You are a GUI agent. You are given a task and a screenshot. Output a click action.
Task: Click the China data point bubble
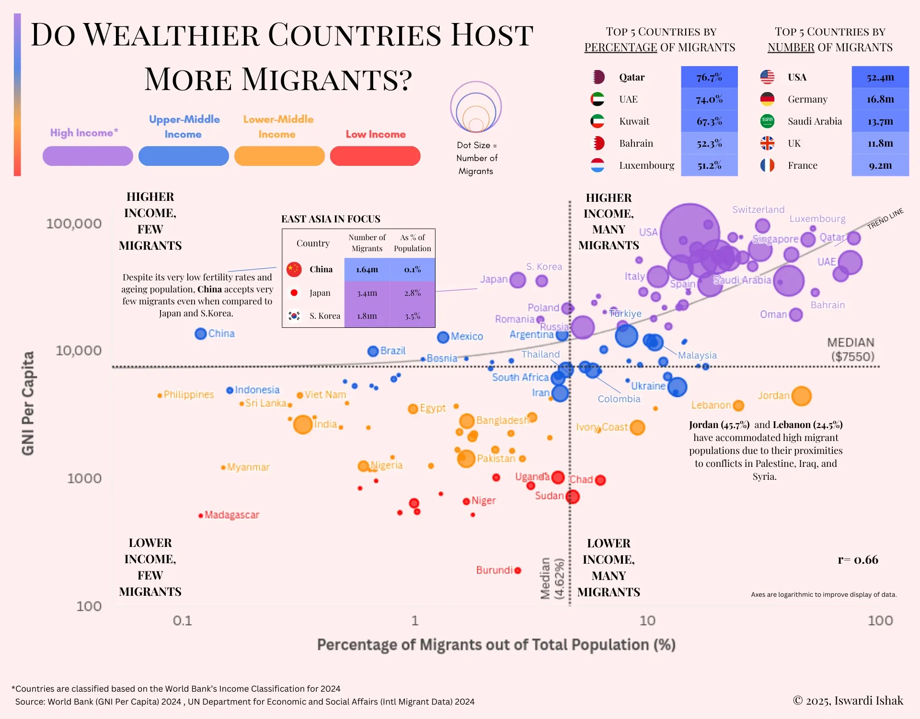pos(200,334)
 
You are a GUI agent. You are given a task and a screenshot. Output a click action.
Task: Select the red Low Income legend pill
pos(375,156)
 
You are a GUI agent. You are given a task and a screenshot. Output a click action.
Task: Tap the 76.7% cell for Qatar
pos(709,77)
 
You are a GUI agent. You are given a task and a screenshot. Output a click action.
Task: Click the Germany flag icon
pos(767,99)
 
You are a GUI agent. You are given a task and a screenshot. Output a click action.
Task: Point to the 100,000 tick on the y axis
pos(74,224)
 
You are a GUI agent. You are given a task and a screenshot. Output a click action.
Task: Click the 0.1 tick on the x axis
pos(182,621)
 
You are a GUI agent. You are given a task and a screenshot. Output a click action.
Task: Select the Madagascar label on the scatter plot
pos(231,515)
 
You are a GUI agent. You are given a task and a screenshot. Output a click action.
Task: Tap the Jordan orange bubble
pos(801,396)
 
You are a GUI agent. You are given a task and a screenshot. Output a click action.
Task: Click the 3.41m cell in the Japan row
pos(367,293)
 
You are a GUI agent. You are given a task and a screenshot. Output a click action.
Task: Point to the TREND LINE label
pos(885,219)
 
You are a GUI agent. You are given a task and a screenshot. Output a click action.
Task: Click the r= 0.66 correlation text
pos(858,560)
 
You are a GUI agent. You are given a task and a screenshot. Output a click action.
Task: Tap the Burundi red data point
pos(517,570)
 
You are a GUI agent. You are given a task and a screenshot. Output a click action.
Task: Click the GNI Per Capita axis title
pos(28,403)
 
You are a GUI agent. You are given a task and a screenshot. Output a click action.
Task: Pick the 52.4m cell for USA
pos(880,77)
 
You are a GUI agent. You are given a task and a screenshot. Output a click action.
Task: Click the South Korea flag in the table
pos(294,316)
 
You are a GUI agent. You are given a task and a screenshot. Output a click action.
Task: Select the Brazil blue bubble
pos(373,351)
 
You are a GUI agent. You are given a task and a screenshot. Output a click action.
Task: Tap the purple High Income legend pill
pos(88,156)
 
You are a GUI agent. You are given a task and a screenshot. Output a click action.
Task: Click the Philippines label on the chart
pos(188,394)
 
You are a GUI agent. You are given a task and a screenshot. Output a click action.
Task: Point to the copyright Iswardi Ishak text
pos(848,701)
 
